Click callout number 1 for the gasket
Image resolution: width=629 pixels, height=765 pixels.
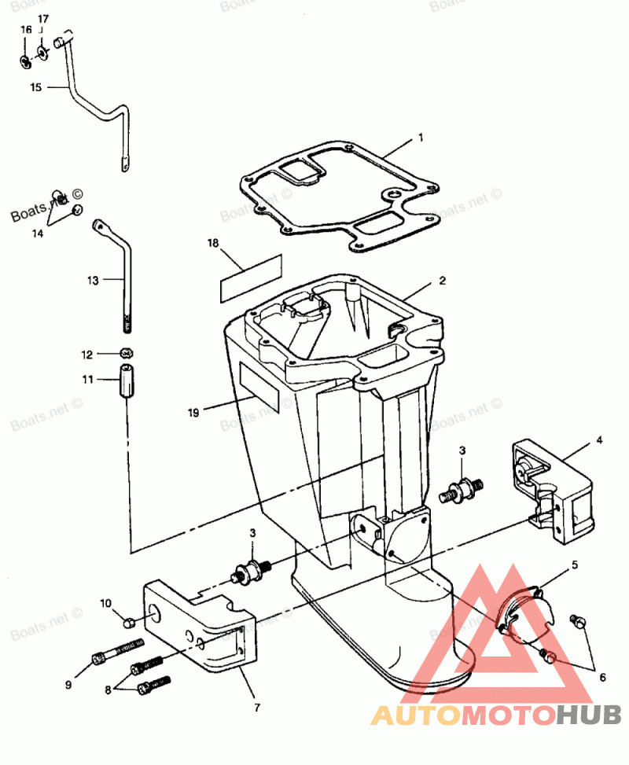click(x=421, y=137)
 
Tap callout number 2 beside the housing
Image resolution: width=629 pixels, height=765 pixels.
click(x=443, y=280)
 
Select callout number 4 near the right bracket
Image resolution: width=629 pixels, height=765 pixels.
click(x=599, y=440)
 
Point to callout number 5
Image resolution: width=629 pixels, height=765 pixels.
click(x=575, y=565)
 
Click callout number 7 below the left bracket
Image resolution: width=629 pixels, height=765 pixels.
click(x=257, y=707)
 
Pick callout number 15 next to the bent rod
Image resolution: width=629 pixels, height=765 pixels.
click(x=35, y=87)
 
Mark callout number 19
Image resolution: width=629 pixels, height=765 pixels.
click(x=193, y=410)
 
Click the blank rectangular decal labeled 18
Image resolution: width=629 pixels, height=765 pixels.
click(x=250, y=277)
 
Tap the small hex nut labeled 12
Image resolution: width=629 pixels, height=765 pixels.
click(x=125, y=352)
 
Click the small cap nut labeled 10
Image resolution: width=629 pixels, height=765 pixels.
click(x=130, y=623)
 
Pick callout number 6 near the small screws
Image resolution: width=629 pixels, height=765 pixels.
click(x=602, y=677)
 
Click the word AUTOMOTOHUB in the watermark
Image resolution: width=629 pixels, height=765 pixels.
click(x=495, y=715)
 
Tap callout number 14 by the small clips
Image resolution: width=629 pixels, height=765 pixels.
click(x=38, y=233)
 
